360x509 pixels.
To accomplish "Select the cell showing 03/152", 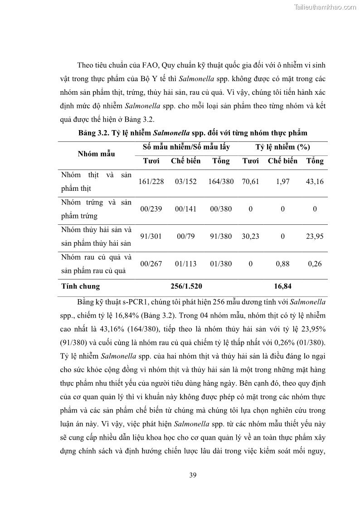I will [185, 181].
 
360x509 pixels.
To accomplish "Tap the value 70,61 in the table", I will [251, 181].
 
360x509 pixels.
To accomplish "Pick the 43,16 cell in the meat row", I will [315, 181].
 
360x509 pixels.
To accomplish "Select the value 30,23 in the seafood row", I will [251, 236].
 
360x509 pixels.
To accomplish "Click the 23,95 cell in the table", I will [315, 236].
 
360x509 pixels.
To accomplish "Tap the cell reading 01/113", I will [185, 264].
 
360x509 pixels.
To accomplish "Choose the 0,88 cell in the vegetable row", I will [282, 264].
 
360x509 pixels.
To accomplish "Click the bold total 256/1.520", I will [186, 286].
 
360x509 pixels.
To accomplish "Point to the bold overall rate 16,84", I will [282, 286].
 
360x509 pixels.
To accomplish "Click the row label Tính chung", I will [80, 286].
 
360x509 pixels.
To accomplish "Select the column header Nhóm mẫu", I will [96, 154].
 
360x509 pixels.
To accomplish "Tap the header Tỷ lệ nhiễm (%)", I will [282, 147].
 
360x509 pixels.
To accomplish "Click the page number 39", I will [192, 475].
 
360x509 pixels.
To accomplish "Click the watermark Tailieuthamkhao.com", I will [325, 7].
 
